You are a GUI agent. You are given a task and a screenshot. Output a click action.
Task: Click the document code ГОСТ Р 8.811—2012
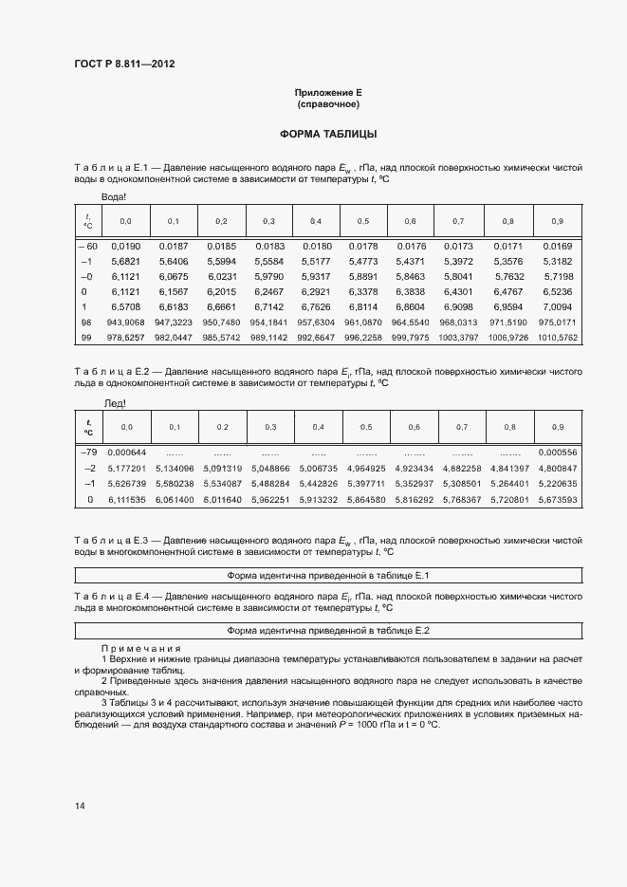click(123, 64)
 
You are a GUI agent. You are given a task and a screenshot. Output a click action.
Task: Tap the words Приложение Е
click(328, 92)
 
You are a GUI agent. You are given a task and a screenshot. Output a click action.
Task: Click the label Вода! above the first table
click(114, 197)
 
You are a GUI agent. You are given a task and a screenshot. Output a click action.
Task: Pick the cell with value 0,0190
click(126, 245)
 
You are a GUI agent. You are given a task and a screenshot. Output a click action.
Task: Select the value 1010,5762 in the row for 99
click(557, 337)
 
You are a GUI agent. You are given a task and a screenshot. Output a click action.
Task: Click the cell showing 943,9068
click(126, 323)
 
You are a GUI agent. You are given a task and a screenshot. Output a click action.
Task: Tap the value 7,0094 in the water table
click(557, 307)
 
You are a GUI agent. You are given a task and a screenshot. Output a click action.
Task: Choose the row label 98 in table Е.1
click(86, 323)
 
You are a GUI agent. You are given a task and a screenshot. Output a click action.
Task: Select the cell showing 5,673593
click(557, 499)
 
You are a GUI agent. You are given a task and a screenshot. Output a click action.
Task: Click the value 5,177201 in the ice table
click(127, 468)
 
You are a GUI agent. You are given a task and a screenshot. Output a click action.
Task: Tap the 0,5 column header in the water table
click(363, 221)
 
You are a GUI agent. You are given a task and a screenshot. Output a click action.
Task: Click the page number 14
click(80, 805)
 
